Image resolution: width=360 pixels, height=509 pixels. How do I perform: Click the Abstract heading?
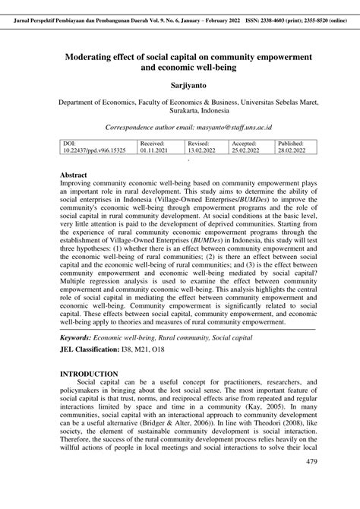click(x=78, y=175)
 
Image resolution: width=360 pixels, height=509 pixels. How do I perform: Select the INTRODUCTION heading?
click(x=89, y=375)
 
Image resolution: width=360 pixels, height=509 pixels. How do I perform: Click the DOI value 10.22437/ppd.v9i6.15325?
click(x=95, y=150)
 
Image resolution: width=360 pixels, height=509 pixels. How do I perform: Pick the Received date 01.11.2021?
click(x=156, y=150)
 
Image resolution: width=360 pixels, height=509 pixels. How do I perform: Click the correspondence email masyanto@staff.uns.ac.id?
click(x=244, y=127)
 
